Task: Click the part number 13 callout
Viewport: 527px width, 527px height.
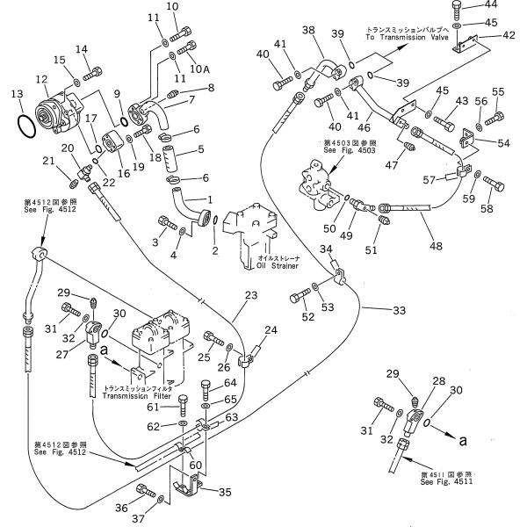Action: [x=17, y=94]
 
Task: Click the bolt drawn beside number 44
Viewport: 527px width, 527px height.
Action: [x=459, y=10]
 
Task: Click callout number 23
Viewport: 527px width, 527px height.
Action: [x=250, y=296]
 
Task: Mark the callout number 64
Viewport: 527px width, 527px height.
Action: [x=229, y=382]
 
